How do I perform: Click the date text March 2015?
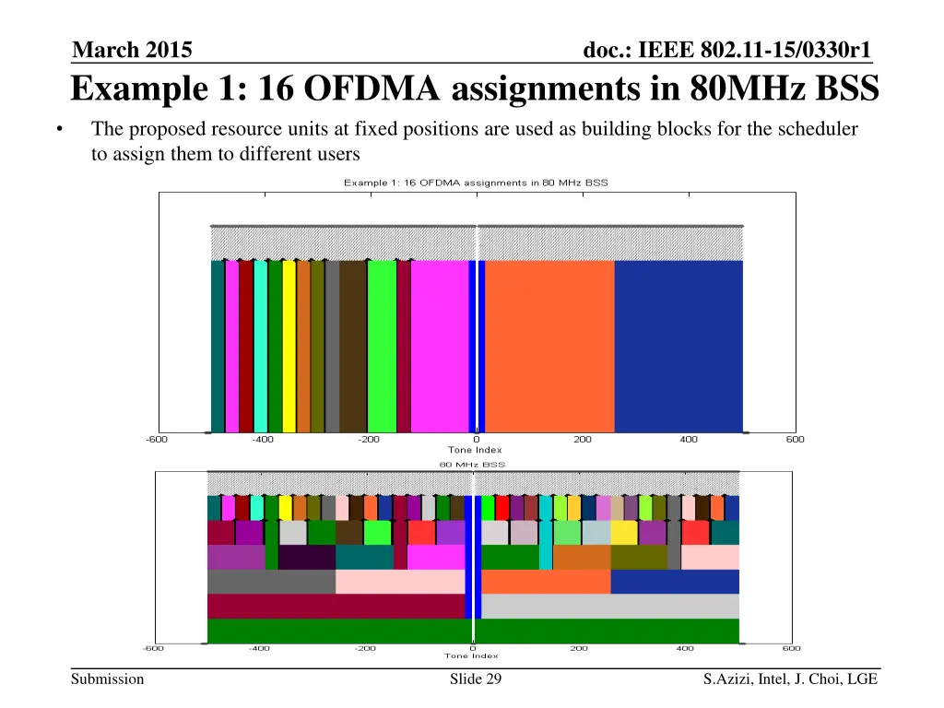131,50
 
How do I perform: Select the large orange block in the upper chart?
549,346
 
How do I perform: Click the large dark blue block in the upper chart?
678,346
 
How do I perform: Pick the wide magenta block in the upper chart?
439,346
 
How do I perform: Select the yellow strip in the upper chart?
289,346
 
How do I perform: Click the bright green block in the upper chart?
381,346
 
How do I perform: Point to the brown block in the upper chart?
353,346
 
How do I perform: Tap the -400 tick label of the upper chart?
263,440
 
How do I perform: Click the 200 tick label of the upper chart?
583,440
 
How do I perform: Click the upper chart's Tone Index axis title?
476,450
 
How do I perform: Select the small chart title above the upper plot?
476,183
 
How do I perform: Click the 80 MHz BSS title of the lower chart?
471,464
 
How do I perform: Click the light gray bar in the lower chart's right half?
609,606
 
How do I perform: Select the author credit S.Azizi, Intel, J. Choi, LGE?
790,680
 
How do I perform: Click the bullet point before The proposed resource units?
59,130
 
